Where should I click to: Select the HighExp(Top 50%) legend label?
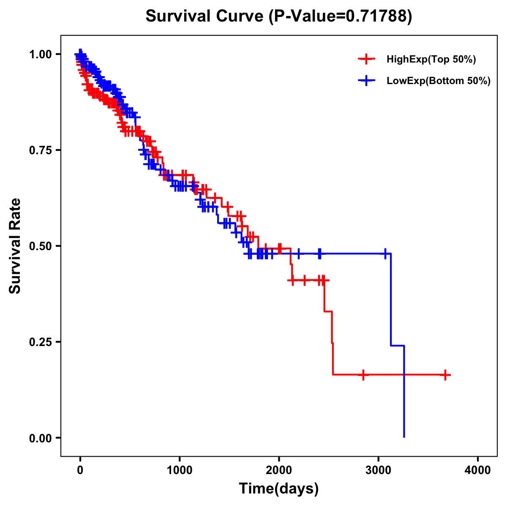coord(431,60)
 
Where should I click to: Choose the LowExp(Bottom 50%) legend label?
coord(439,81)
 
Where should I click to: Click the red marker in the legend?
coord(366,59)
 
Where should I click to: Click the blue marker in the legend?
coord(366,81)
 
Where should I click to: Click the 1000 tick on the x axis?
coord(180,470)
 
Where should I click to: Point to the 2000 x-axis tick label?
coord(279,470)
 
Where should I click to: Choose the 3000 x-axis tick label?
coord(379,470)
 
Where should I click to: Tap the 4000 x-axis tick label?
coord(478,470)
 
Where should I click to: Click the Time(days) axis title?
coord(279,489)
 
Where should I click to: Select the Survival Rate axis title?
coord(15,246)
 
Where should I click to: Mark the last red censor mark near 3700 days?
coord(445,375)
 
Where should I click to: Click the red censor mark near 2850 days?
coord(363,375)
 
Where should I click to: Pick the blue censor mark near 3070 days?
coord(385,254)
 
